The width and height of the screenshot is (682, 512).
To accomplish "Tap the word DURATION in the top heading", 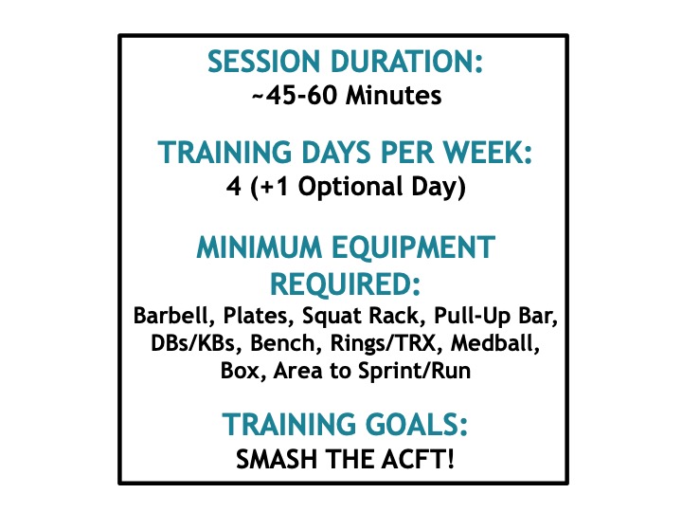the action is coord(407,62).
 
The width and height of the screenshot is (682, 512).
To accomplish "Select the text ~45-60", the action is coord(295,95).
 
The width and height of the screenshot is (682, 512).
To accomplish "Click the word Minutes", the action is coord(394,95).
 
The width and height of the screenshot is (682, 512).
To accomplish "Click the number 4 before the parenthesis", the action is coord(234,187).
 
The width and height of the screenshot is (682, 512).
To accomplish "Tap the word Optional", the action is coord(350,187).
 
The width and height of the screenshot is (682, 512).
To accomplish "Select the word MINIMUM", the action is coord(260,247).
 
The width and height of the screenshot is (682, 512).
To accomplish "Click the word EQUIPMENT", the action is coord(414,247).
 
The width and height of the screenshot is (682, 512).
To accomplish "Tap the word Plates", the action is coord(256,316).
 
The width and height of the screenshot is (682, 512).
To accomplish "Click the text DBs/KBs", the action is coord(196,343).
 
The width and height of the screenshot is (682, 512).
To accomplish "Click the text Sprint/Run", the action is coord(414,372).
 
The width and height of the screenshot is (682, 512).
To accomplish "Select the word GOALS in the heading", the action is coord(416,425).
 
